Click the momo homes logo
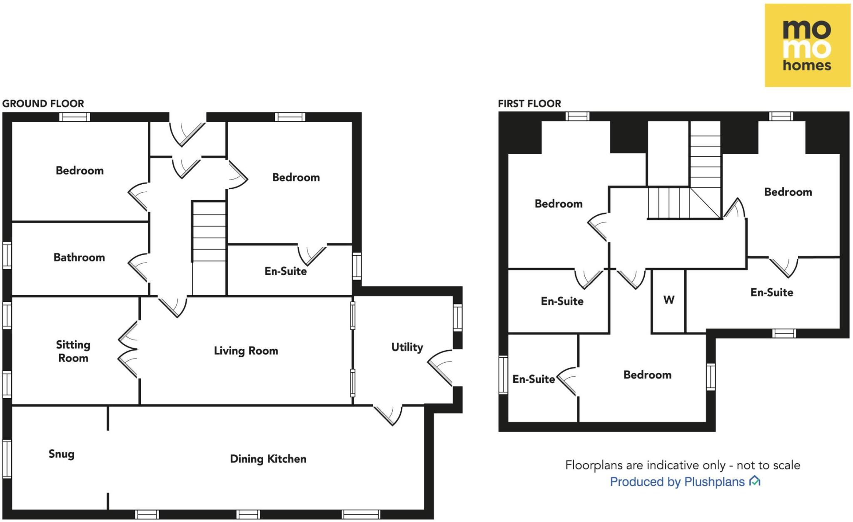807,45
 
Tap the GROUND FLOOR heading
43,103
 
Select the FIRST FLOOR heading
529,103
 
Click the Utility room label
407,347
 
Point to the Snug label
62,454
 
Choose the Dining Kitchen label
268,459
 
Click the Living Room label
246,351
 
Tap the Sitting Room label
73,351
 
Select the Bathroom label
79,257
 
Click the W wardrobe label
668,300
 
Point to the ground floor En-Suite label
286,271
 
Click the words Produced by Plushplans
677,482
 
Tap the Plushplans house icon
755,481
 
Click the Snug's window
7,459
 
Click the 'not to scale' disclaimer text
683,465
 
